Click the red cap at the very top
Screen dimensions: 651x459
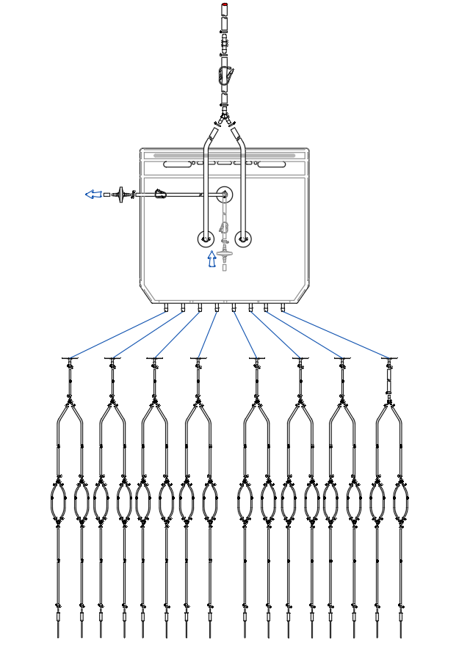(225, 6)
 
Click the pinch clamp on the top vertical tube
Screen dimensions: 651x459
(226, 75)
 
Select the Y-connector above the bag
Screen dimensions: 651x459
(225, 117)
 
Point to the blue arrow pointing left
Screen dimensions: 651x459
(93, 194)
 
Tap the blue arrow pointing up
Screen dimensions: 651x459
(212, 259)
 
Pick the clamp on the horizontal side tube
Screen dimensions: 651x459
(160, 194)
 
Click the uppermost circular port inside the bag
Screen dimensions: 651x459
(225, 194)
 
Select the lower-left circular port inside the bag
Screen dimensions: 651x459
(206, 239)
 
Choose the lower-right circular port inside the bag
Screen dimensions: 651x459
(243, 239)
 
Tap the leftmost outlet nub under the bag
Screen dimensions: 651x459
(166, 308)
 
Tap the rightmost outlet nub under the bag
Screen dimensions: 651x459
(283, 308)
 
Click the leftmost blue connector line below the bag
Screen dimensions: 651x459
(118, 335)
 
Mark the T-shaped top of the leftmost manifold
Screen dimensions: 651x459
(71, 359)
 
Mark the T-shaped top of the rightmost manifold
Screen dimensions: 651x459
(389, 359)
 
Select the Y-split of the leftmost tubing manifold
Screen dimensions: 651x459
(70, 405)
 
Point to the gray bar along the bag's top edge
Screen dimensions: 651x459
(224, 156)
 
